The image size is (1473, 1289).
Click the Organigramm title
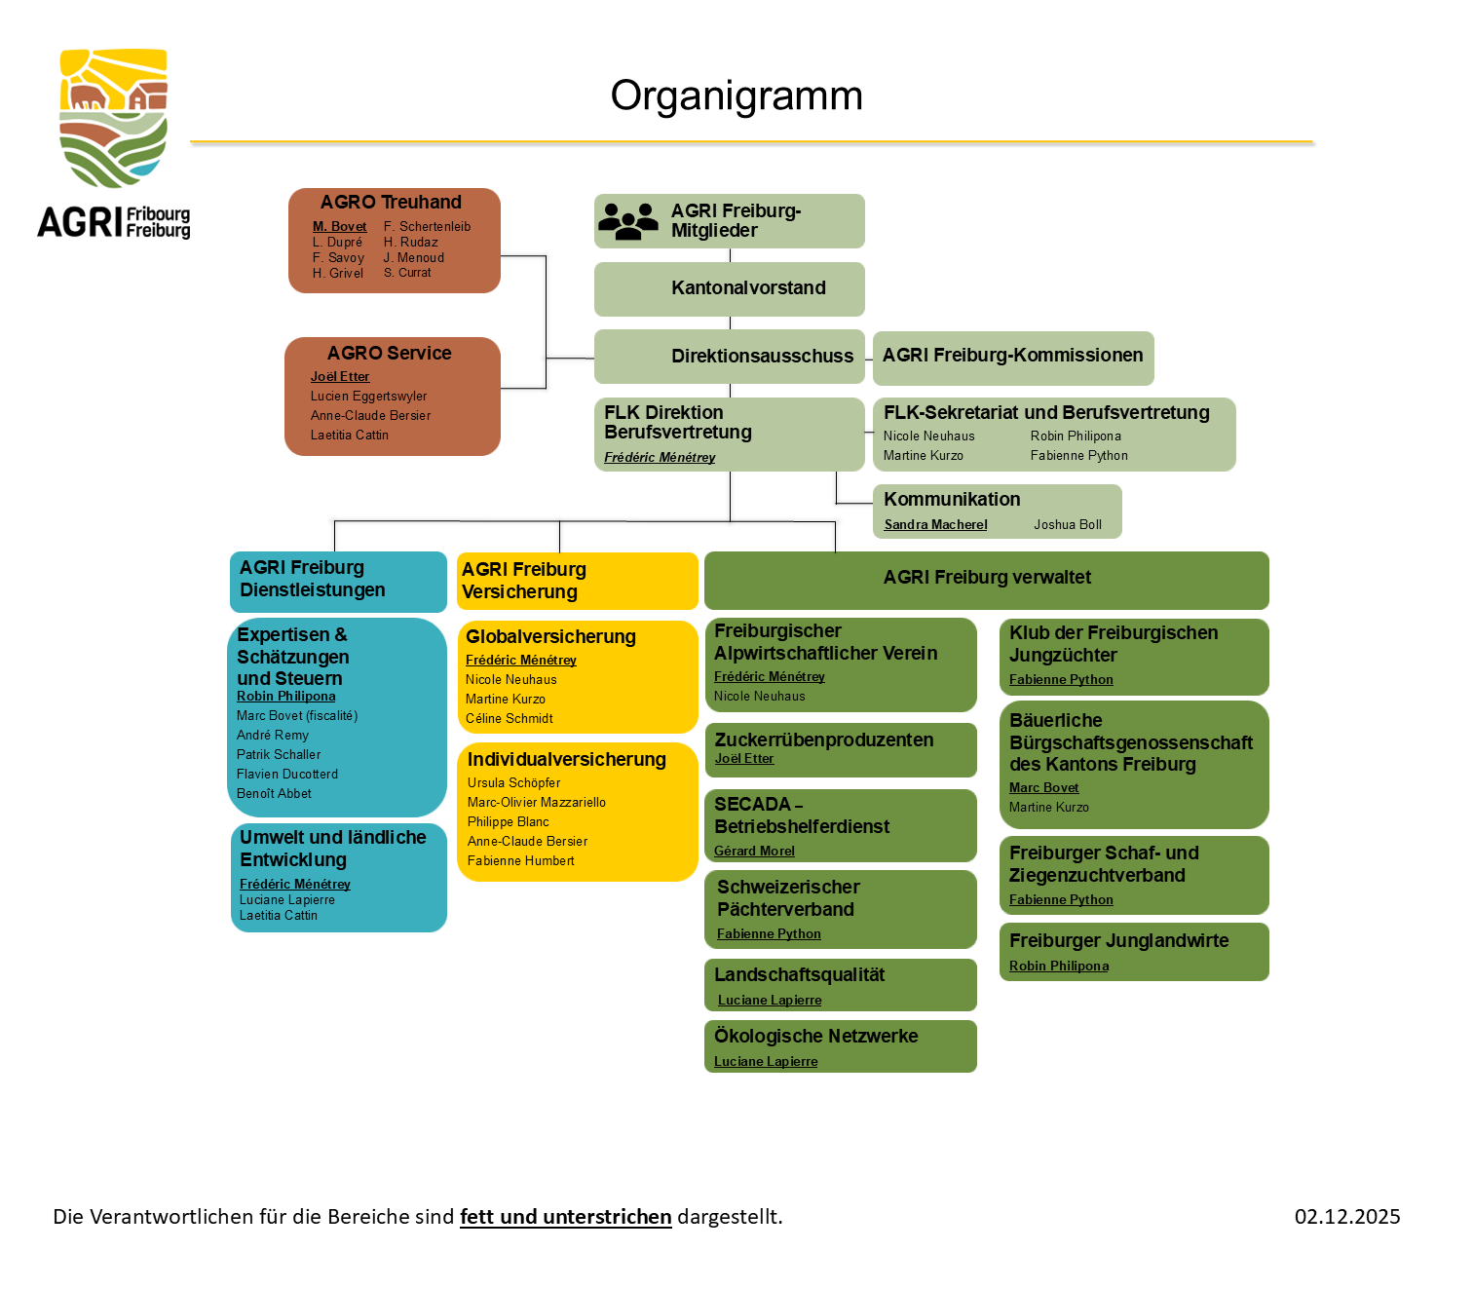pyautogui.click(x=736, y=95)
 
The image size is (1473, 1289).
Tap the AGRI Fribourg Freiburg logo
pyautogui.click(x=114, y=143)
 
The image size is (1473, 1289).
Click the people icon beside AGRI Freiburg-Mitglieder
pyautogui.click(x=628, y=221)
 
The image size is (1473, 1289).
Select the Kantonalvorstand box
pyautogui.click(x=730, y=288)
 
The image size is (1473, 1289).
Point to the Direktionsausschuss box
pyautogui.click(x=730, y=357)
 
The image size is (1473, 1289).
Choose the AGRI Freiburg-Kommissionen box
pyautogui.click(x=1012, y=357)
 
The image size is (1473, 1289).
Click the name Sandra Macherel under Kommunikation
pyautogui.click(x=935, y=525)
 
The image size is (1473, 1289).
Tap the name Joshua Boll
pyautogui.click(x=1068, y=525)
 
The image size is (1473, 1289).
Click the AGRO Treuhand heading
pyautogui.click(x=391, y=203)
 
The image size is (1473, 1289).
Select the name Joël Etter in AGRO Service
pyautogui.click(x=340, y=377)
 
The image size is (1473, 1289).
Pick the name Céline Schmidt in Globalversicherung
pyautogui.click(x=509, y=719)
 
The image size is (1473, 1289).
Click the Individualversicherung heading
pyautogui.click(x=566, y=760)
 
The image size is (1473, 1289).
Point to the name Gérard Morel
pyautogui.click(x=754, y=852)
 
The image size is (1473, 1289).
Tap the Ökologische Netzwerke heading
pyautogui.click(x=815, y=1037)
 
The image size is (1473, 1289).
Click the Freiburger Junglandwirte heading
pyautogui.click(x=1118, y=941)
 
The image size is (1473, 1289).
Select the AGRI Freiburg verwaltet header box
pyautogui.click(x=986, y=579)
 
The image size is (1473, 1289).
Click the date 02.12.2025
pyautogui.click(x=1346, y=1217)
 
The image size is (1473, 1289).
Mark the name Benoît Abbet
pyautogui.click(x=274, y=794)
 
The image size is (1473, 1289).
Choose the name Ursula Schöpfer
pyautogui.click(x=513, y=783)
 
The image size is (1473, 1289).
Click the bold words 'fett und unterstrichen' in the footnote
pyautogui.click(x=565, y=1217)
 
